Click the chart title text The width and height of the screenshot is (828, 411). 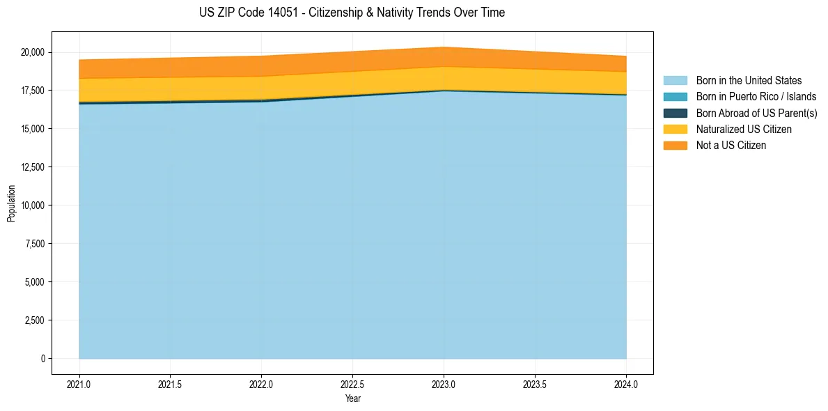(352, 13)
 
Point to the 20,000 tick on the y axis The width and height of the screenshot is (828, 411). (33, 52)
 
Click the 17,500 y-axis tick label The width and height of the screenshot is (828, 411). (33, 91)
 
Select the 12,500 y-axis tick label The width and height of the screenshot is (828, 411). (33, 167)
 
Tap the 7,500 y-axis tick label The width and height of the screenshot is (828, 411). (35, 244)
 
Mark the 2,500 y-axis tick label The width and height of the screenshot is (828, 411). (35, 320)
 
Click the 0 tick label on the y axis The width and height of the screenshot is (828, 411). (42, 359)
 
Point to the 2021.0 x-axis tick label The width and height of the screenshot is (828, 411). (79, 384)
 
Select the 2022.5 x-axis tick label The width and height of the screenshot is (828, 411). (352, 384)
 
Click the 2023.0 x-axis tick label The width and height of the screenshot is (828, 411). (444, 384)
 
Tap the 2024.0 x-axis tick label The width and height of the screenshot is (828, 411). (626, 384)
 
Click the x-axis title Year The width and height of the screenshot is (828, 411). (352, 398)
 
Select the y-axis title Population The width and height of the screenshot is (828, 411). (11, 203)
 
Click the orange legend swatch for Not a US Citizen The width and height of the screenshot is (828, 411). (675, 146)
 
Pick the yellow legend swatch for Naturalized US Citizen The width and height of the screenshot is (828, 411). (675, 130)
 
